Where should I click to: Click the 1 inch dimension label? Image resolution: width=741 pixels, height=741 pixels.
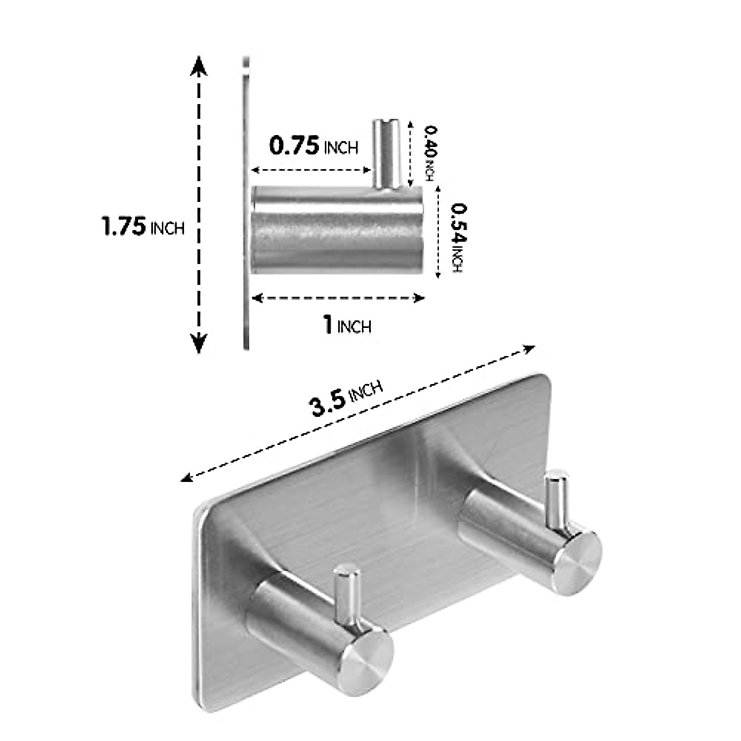click(x=348, y=324)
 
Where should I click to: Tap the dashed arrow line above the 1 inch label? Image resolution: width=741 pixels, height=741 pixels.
click(x=339, y=299)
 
